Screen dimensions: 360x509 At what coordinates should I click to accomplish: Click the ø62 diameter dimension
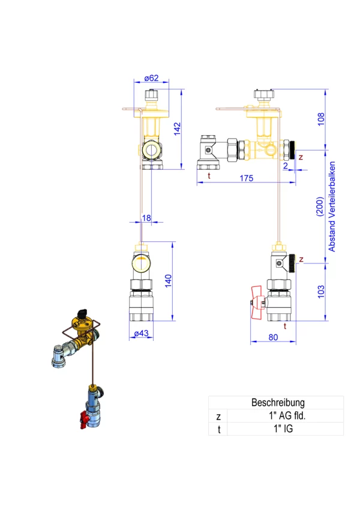(x=151, y=78)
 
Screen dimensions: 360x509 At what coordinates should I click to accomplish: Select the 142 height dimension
(x=177, y=129)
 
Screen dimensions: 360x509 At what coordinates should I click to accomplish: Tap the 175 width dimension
(x=247, y=178)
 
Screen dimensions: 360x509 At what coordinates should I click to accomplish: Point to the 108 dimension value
(x=321, y=119)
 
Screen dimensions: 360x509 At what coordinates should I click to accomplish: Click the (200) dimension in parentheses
(x=320, y=206)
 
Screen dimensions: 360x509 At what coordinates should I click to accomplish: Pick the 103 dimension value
(x=321, y=292)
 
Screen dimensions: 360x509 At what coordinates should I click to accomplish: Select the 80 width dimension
(x=274, y=337)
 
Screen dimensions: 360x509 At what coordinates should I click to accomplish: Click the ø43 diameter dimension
(x=141, y=333)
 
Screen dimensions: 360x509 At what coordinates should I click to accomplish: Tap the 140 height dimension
(x=168, y=281)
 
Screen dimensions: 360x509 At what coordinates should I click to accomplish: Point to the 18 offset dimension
(x=146, y=218)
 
